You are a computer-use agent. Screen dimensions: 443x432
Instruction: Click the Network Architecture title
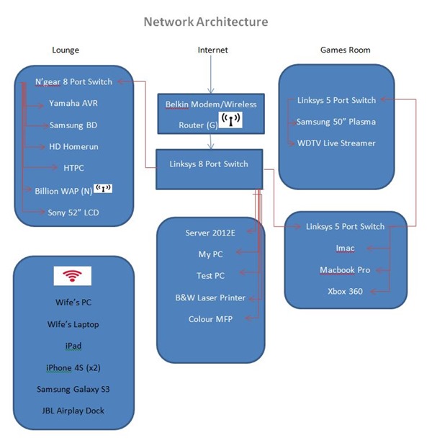click(x=205, y=22)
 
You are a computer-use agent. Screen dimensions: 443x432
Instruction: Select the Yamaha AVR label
click(x=73, y=104)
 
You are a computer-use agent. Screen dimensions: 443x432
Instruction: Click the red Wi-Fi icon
click(x=72, y=276)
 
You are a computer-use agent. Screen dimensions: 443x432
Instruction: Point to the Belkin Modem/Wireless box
click(x=211, y=113)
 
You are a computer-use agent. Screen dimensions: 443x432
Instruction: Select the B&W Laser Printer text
click(x=210, y=297)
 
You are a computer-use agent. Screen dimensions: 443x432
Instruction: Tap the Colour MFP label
click(x=210, y=319)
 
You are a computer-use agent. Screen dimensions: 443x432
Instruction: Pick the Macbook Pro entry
click(x=345, y=269)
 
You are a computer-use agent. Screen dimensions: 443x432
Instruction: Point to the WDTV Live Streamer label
click(x=336, y=143)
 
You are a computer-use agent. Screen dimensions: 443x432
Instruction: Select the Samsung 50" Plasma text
click(x=336, y=122)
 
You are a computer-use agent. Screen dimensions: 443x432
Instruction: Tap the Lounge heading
click(x=66, y=50)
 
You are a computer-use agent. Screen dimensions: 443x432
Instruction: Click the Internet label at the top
click(x=212, y=50)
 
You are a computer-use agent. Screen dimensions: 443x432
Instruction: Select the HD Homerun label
click(x=73, y=146)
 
